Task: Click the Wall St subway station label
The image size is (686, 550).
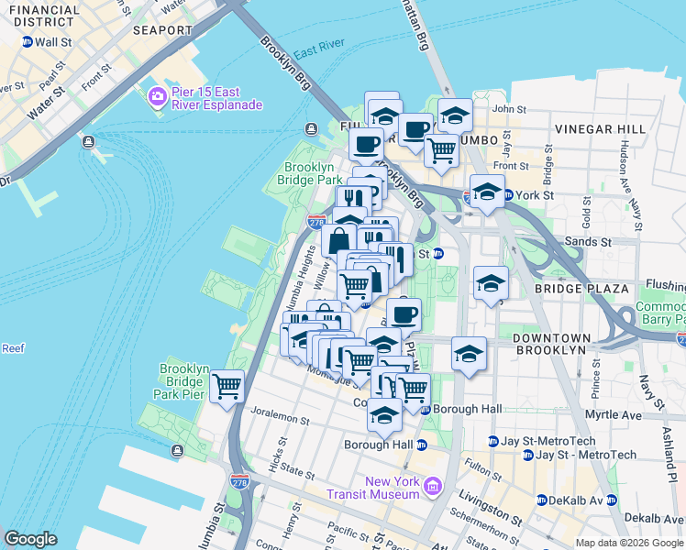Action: (52, 42)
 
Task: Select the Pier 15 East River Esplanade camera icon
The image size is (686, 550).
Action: (157, 96)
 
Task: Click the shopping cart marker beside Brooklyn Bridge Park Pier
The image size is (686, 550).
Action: (226, 386)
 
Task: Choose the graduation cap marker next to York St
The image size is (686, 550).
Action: (487, 192)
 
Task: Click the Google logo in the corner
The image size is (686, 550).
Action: (30, 539)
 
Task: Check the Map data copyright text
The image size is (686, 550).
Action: (628, 543)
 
